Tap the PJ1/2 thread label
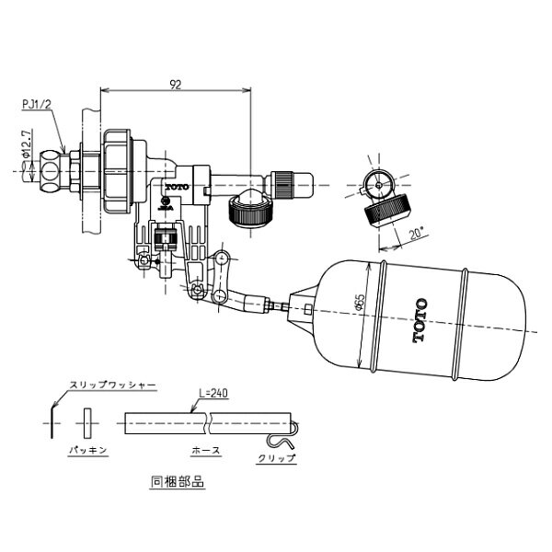36,106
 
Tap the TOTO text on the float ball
420,321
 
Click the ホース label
203,453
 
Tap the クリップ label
276,457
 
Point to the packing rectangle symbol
87,424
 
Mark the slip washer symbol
48,424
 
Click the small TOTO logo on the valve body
176,187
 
